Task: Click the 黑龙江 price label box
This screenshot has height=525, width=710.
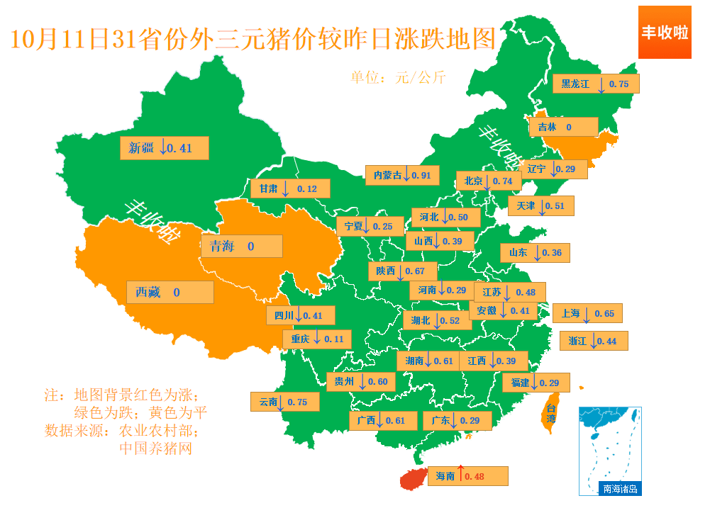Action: tap(596, 84)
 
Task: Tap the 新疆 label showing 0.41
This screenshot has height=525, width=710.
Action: tap(165, 148)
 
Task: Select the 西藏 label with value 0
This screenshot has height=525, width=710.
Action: tap(170, 292)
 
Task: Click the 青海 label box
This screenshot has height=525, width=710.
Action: tap(241, 246)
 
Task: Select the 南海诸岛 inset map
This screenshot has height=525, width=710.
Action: tap(610, 451)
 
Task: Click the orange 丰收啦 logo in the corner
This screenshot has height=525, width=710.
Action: tap(665, 33)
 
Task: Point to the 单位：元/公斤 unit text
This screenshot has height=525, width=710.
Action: tap(398, 77)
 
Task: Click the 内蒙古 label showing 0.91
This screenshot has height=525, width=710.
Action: tap(402, 175)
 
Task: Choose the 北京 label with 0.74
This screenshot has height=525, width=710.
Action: tap(488, 181)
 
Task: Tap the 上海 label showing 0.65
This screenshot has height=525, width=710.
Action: tap(588, 313)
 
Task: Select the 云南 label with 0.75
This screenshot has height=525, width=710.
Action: tap(284, 402)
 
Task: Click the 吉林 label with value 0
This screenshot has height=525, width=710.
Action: tap(563, 127)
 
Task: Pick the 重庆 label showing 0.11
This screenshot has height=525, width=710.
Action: tap(318, 339)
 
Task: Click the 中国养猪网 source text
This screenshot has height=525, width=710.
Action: tap(155, 448)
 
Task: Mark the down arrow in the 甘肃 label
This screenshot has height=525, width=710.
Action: tap(285, 188)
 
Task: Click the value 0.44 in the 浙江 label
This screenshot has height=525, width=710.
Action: tap(606, 341)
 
